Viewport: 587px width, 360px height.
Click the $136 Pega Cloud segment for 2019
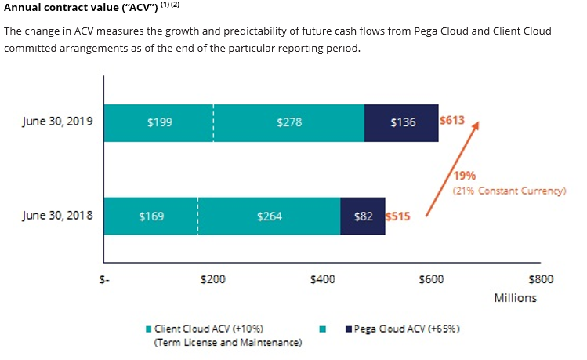click(x=402, y=122)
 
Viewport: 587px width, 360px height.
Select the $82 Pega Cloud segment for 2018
click(x=363, y=216)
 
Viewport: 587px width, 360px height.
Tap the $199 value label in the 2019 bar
click(x=160, y=122)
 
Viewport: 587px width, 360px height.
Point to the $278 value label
click(x=289, y=122)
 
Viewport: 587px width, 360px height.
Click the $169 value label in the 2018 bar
click(x=150, y=216)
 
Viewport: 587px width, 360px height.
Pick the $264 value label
click(x=270, y=216)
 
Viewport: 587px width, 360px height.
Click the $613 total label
click(x=452, y=121)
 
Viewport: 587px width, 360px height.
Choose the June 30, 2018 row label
click(x=58, y=215)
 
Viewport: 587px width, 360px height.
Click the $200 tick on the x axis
click(x=213, y=279)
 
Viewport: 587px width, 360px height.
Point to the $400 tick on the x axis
click(x=323, y=279)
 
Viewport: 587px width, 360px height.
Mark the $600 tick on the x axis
click(x=432, y=279)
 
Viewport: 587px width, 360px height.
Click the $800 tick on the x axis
click(x=541, y=279)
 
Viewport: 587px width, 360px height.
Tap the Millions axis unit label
click(x=515, y=298)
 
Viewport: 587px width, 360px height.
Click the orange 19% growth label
click(x=464, y=176)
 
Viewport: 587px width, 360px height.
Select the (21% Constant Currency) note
click(x=509, y=191)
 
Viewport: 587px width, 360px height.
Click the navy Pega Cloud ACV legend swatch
click(x=347, y=329)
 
